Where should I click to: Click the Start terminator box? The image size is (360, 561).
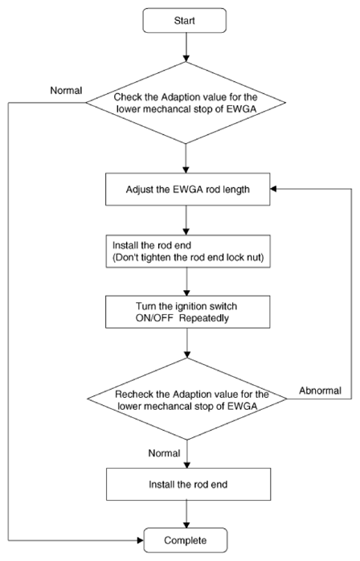[185, 21]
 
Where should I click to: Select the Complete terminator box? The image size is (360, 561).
[186, 540]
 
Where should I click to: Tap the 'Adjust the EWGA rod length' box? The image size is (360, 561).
[188, 189]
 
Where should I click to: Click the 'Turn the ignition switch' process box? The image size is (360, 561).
[188, 312]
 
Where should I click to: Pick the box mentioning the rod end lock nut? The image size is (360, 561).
[188, 251]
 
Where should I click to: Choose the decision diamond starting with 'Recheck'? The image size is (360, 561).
[187, 399]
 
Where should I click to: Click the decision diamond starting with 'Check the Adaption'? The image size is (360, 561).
[186, 103]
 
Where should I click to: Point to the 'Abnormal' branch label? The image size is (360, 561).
[321, 391]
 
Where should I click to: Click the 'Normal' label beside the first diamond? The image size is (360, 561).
[66, 91]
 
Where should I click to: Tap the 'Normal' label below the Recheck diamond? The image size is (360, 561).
[164, 453]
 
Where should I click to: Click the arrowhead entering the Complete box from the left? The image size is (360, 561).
[141, 540]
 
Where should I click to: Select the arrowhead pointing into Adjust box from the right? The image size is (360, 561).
[274, 189]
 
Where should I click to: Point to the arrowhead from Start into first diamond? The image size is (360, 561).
[186, 59]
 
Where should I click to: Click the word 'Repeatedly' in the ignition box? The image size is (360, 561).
[203, 318]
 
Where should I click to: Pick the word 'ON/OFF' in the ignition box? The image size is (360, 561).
[154, 318]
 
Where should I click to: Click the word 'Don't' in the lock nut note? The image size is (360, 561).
[125, 257]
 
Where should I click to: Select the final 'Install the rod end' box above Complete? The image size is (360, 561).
[188, 484]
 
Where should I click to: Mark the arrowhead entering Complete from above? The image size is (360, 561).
[186, 524]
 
